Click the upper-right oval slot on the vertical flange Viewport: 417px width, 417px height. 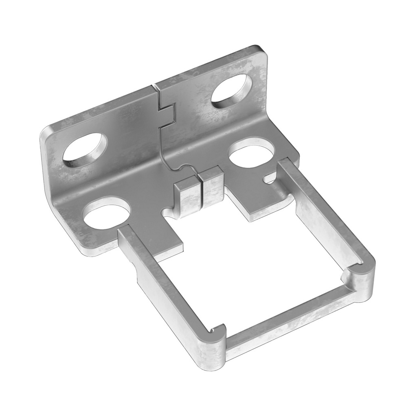click(231, 90)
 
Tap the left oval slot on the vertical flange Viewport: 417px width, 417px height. click(85, 149)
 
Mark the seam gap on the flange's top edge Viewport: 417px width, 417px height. click(154, 86)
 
